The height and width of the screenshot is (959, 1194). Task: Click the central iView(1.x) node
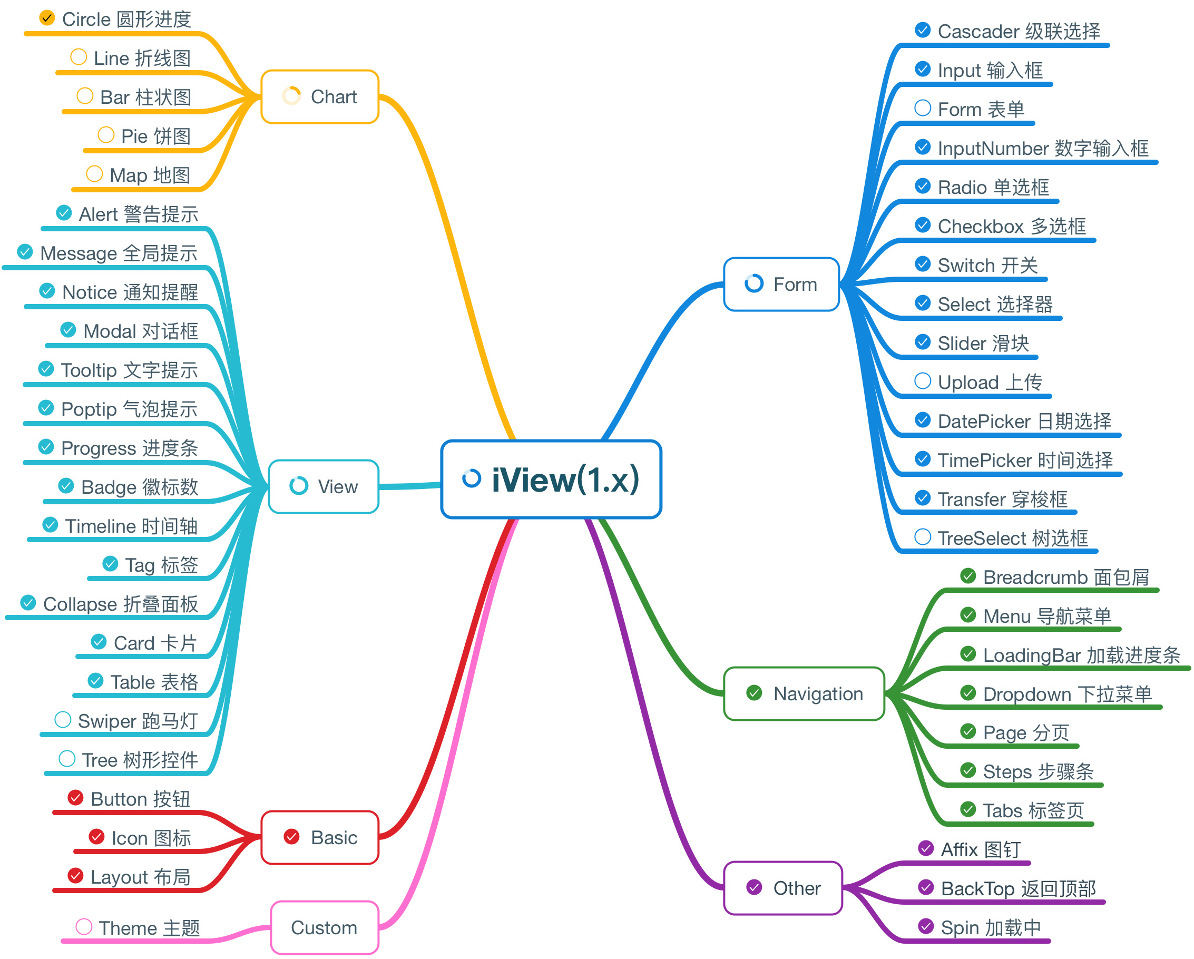click(551, 479)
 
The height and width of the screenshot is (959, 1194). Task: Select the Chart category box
click(320, 97)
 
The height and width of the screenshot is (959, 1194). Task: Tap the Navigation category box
click(804, 694)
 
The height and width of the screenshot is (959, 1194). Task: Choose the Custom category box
click(325, 927)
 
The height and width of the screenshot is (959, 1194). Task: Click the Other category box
click(783, 888)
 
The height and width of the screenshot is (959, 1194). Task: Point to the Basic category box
click(320, 838)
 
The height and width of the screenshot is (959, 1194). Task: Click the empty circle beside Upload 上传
click(923, 381)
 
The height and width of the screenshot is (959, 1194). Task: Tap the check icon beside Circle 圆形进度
click(47, 18)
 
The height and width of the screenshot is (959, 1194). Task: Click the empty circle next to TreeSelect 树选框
click(923, 536)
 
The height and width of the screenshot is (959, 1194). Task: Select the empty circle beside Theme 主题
click(84, 926)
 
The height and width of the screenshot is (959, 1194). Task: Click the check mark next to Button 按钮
click(75, 797)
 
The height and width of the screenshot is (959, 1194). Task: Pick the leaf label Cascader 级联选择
click(1019, 31)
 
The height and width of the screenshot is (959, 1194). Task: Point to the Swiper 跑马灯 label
click(138, 721)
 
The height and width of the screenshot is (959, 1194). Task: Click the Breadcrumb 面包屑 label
click(1066, 577)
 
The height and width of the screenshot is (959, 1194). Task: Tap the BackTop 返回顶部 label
click(1019, 889)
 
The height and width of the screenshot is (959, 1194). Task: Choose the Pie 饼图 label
click(156, 136)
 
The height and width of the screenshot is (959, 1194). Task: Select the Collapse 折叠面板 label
click(121, 604)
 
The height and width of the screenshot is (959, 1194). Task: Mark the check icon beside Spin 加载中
click(926, 926)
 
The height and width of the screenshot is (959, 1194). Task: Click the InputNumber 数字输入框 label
click(1043, 149)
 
